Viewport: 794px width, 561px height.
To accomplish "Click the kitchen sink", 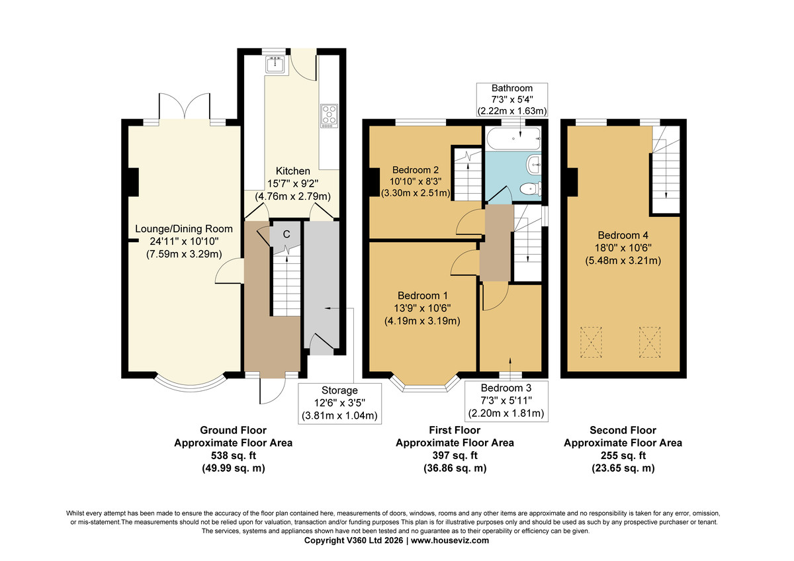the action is (x=275, y=64).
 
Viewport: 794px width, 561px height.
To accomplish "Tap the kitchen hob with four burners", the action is (x=329, y=116).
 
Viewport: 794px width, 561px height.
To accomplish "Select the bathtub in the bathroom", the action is (x=513, y=138).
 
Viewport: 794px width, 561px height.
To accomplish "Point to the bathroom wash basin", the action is (x=534, y=165).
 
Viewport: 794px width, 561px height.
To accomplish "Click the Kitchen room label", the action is (x=292, y=171).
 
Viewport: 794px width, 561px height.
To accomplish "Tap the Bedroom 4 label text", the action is (x=623, y=235).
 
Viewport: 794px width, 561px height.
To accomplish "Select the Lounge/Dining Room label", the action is (x=184, y=229).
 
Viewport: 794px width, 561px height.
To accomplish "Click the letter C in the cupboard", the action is (x=287, y=234).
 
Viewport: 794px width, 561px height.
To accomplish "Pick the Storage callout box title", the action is (x=339, y=390).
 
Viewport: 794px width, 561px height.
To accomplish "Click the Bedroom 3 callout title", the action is (x=506, y=388).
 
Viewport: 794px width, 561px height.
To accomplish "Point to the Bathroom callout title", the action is (x=512, y=88).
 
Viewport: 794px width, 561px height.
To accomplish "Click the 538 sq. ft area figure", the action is (x=233, y=455).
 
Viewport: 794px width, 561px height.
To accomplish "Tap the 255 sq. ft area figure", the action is (x=623, y=455).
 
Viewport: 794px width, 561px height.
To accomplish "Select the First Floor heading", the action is (x=455, y=430).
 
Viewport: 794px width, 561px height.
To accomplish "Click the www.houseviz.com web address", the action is (x=450, y=540).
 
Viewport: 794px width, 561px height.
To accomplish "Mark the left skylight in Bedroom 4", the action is (x=591, y=342).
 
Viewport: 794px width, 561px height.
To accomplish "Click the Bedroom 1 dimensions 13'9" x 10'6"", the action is (x=422, y=308).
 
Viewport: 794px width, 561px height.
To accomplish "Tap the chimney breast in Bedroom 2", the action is (x=375, y=182).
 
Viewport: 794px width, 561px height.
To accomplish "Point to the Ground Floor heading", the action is (x=233, y=430).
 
